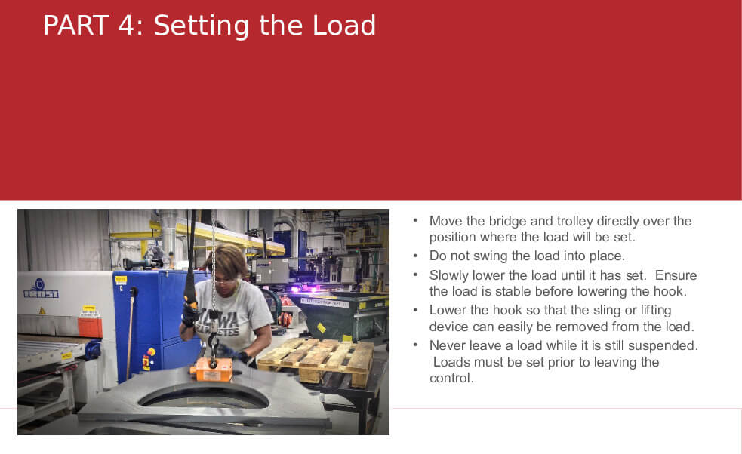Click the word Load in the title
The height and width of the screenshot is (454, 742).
tap(344, 26)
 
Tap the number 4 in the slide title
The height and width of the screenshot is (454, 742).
tap(127, 26)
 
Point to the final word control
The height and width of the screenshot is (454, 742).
tap(451, 379)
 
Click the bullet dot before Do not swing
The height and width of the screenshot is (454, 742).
tap(415, 256)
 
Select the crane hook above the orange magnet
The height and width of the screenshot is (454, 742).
tap(214, 349)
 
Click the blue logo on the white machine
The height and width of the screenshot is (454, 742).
tap(41, 289)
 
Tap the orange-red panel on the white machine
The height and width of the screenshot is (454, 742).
tap(90, 327)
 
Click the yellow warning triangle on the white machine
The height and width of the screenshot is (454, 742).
tap(42, 311)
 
